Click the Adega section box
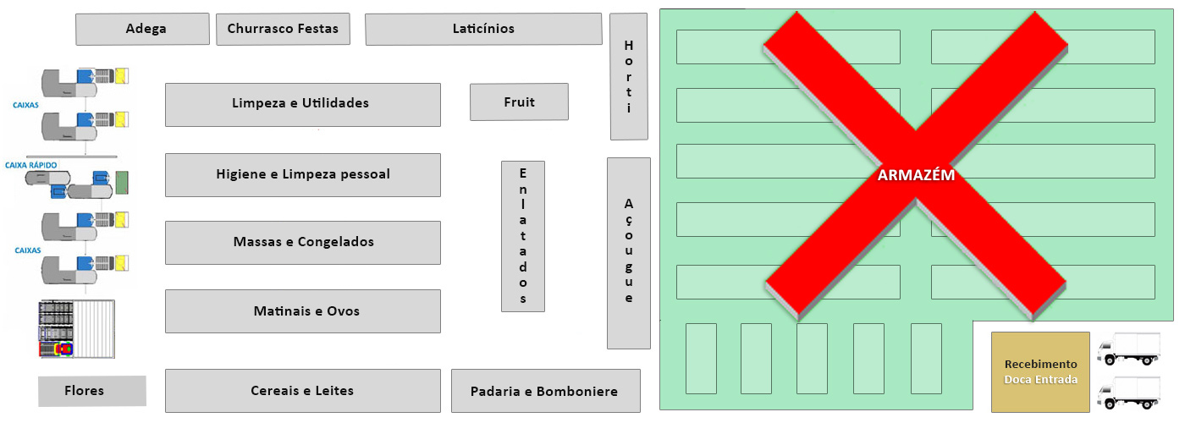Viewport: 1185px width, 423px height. pyautogui.click(x=142, y=29)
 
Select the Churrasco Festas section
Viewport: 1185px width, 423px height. pyautogui.click(x=283, y=29)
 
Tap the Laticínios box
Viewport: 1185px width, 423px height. pyautogui.click(x=483, y=29)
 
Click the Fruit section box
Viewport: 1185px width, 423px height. pyautogui.click(x=519, y=102)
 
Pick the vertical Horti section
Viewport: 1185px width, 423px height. pyautogui.click(x=628, y=76)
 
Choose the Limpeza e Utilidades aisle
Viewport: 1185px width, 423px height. pyautogui.click(x=302, y=104)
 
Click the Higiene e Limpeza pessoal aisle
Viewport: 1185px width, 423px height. pyautogui.click(x=302, y=174)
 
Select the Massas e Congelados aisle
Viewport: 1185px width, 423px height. pyautogui.click(x=302, y=242)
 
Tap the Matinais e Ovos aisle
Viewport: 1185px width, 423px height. pyautogui.click(x=302, y=311)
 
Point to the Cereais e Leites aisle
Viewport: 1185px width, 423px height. pyautogui.click(x=302, y=391)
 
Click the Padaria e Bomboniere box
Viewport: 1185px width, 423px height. pyautogui.click(x=545, y=391)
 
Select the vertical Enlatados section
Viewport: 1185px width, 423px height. pyautogui.click(x=523, y=236)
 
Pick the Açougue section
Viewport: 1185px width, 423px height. pyautogui.click(x=628, y=252)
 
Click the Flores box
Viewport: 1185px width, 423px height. pyautogui.click(x=91, y=391)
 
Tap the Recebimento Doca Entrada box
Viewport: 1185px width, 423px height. pyautogui.click(x=1040, y=372)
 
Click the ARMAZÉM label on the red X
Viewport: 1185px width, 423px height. pyautogui.click(x=916, y=176)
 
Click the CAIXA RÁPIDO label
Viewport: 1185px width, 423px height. pyautogui.click(x=36, y=164)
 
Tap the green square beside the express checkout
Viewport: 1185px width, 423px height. pyautogui.click(x=121, y=182)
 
